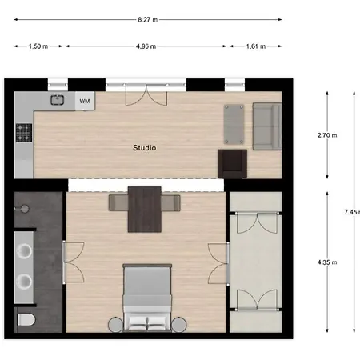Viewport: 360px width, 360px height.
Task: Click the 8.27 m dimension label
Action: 147,20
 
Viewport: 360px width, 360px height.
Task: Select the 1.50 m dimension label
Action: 38,46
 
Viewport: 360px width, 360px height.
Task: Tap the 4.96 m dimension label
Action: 146,46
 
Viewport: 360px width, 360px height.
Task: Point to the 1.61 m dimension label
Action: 256,46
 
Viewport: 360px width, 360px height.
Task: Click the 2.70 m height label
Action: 327,135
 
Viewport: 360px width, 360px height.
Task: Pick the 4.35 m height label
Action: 327,262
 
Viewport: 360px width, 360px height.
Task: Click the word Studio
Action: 145,148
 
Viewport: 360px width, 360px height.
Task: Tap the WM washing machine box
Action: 85,101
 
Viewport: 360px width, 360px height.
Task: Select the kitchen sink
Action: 58,99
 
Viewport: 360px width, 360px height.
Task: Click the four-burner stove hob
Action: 24,133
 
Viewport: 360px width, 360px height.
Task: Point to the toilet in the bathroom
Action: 26,319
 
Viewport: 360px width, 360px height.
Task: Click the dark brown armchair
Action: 232,164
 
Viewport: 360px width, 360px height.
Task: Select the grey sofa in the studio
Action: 267,126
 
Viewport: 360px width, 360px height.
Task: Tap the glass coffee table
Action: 234,124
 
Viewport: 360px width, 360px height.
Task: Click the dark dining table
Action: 145,210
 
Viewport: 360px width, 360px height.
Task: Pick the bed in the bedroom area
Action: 147,298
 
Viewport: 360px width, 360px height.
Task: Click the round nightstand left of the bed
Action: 115,325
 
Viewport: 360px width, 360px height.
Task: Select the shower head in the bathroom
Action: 25,209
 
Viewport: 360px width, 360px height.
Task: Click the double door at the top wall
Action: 146,94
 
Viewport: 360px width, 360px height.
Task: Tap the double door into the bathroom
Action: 74,262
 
